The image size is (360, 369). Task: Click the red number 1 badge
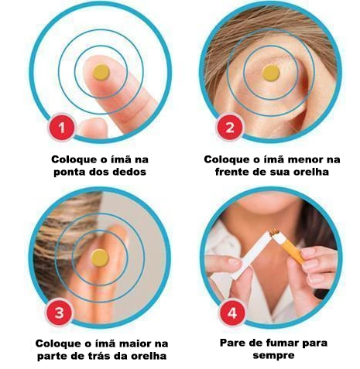coord(61,128)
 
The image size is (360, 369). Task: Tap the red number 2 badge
coord(230,128)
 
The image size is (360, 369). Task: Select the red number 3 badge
coord(59,313)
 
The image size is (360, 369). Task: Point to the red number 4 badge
coord(232,313)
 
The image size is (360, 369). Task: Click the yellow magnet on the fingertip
coord(101,73)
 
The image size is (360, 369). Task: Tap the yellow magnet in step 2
coord(271,73)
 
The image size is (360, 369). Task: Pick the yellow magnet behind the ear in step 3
coord(100,258)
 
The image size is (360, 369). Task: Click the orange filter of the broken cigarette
coord(292,251)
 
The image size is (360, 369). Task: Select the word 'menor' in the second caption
coord(306,159)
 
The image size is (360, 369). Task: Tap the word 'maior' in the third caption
coord(136,343)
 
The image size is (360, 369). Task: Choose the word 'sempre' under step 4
coord(273,356)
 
